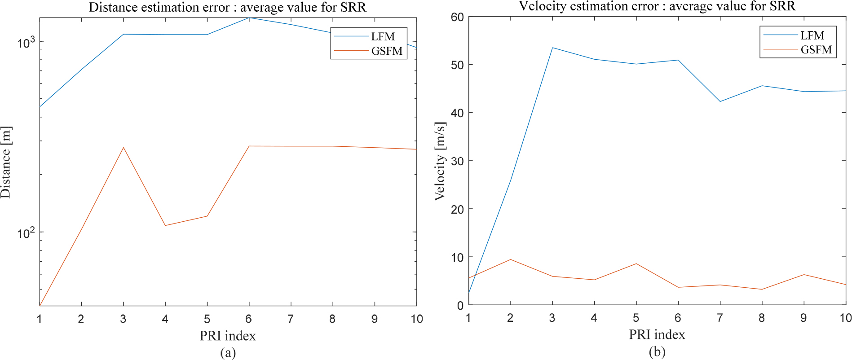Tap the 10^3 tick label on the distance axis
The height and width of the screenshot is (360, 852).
pos(26,43)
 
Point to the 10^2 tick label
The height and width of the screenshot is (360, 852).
pos(26,233)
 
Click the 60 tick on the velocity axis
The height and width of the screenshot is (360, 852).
pos(457,17)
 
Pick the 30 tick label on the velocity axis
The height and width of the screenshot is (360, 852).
pos(457,161)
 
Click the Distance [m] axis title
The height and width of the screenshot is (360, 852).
pos(6,162)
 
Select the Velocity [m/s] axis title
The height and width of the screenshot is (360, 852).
pos(440,161)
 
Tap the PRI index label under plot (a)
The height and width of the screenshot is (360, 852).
pos(228,336)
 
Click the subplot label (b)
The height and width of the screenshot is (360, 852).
pos(657,351)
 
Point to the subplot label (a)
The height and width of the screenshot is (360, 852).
pos(228,353)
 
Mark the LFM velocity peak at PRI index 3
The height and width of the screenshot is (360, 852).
pos(552,48)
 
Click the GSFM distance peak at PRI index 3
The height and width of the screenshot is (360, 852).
pos(123,147)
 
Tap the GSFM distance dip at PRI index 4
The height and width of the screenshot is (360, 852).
pos(165,225)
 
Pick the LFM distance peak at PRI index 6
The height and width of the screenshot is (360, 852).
pos(249,18)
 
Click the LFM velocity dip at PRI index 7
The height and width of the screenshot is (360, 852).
pos(720,101)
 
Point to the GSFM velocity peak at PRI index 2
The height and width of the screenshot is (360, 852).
pos(510,259)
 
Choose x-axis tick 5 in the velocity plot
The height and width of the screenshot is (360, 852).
pos(636,318)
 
